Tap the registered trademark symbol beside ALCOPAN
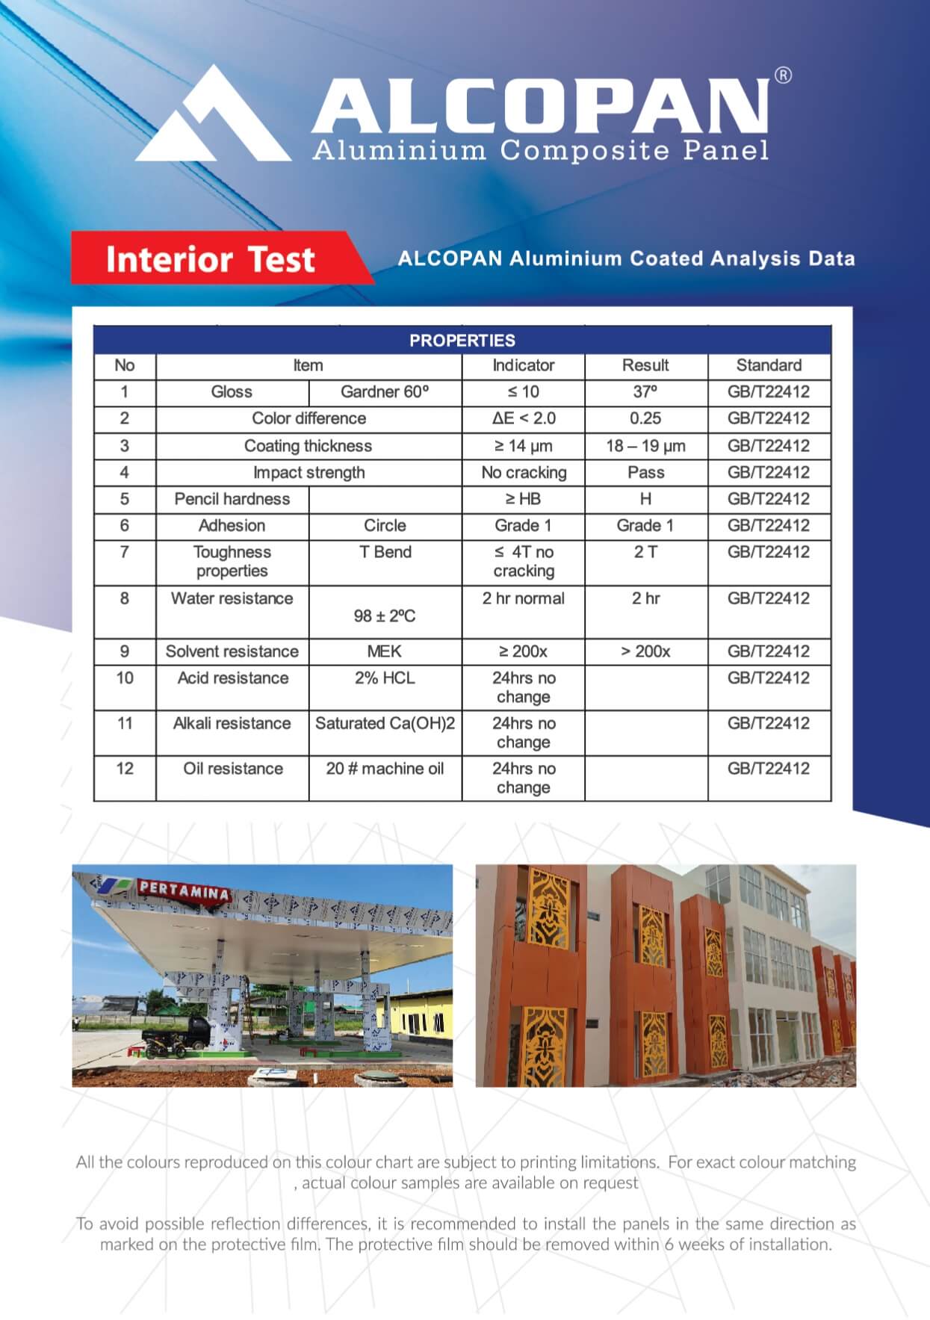click(x=783, y=75)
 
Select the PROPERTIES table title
click(x=462, y=341)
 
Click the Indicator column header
click(x=523, y=365)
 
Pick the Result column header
click(x=645, y=365)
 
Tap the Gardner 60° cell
click(x=385, y=392)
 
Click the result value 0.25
click(x=645, y=418)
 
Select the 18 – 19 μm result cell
click(x=645, y=446)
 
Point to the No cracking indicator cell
click(x=524, y=472)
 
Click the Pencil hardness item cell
click(x=232, y=499)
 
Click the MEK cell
click(x=385, y=651)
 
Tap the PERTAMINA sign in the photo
click(x=184, y=890)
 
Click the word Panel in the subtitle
click(x=726, y=150)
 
